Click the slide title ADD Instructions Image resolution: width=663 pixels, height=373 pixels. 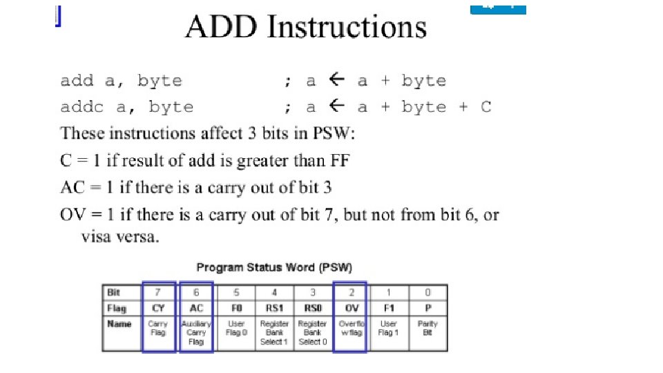[306, 28]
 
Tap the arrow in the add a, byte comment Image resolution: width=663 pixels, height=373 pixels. [336, 80]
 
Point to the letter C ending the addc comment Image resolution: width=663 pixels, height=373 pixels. [486, 107]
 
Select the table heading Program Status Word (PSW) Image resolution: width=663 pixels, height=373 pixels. [274, 267]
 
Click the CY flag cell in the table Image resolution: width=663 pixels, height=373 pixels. [158, 308]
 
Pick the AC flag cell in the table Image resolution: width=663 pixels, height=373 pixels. [196, 308]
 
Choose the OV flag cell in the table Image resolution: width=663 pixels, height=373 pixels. [351, 308]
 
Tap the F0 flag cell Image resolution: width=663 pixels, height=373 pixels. [236, 308]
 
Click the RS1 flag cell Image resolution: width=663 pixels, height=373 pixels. [273, 308]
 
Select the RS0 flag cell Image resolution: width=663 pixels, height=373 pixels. [312, 308]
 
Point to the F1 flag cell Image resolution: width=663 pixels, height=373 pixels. [390, 308]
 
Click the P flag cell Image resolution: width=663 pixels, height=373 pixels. [427, 308]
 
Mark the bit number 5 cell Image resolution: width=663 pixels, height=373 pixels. [236, 292]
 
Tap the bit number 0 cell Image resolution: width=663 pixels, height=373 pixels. [427, 292]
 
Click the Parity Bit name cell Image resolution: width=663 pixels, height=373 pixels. [427, 328]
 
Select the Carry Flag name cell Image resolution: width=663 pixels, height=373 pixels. [158, 328]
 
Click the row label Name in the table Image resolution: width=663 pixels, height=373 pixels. [119, 323]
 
